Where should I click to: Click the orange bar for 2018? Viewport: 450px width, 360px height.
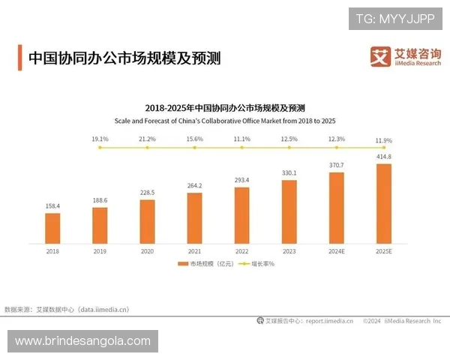coord(52,229)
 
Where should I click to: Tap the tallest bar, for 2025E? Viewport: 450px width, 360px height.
coord(383,203)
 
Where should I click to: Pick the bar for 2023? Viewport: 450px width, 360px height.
coord(289,211)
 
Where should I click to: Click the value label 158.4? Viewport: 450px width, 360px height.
coord(52,205)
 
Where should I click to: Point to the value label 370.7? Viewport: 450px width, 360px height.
coord(336,165)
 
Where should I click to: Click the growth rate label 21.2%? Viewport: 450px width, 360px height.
coord(147,139)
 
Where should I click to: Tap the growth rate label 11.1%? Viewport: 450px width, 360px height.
coord(241,139)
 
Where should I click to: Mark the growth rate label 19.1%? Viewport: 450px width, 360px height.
coord(100,139)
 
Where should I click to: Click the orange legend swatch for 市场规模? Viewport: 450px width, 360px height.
coord(181,265)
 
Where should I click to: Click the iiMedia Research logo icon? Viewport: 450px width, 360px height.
coord(380,55)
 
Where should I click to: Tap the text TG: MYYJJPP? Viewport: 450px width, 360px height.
coord(395,18)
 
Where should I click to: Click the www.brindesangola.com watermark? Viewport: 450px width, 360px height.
coord(83,341)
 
